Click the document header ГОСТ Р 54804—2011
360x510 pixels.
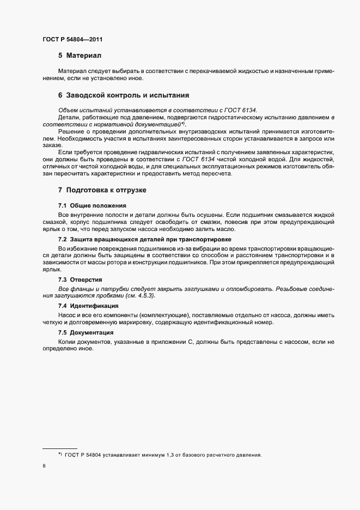click(72, 39)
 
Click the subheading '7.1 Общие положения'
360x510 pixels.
click(92, 205)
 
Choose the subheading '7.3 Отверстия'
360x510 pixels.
click(80, 279)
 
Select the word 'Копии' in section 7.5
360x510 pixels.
click(68, 341)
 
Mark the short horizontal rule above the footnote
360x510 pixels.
click(60, 448)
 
